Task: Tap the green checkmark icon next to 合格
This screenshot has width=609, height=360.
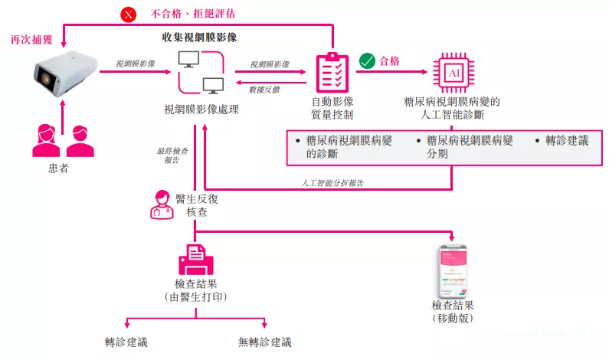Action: (x=367, y=61)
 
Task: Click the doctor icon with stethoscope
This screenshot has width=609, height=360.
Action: (x=162, y=204)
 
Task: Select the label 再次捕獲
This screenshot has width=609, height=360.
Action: (x=25, y=38)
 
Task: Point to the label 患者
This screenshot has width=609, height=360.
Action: (x=58, y=168)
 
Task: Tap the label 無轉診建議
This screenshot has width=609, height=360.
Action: (x=265, y=342)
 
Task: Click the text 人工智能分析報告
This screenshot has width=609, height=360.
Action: (x=332, y=183)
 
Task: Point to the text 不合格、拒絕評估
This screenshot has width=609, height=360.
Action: (x=182, y=13)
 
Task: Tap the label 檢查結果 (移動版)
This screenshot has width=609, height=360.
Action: (x=453, y=311)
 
